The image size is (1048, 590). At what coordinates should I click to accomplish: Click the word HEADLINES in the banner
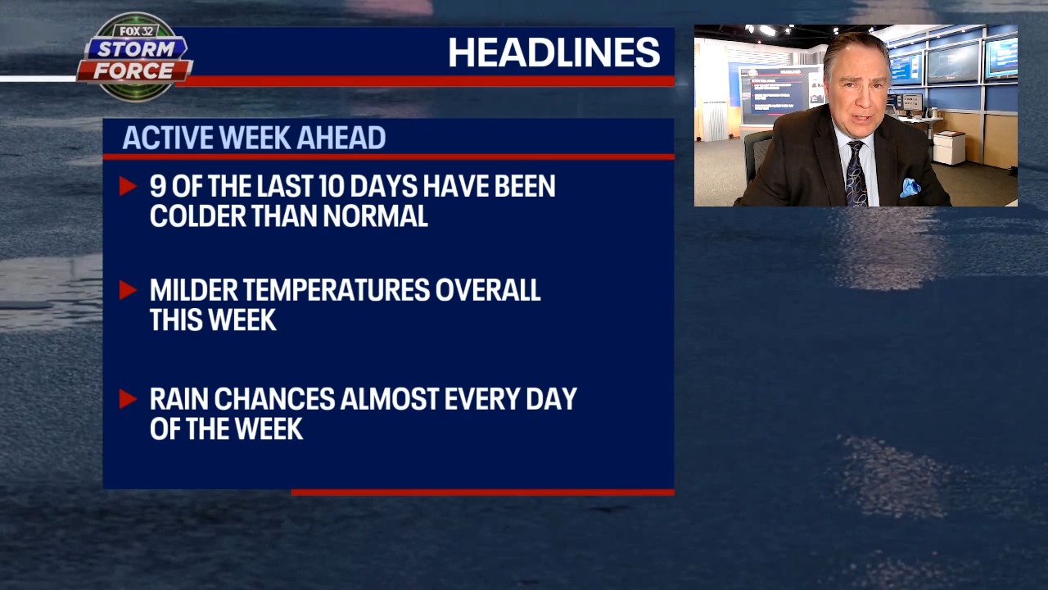[553, 53]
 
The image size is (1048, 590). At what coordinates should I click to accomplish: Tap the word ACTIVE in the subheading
[162, 138]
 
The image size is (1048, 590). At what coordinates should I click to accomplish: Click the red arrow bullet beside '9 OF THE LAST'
[128, 187]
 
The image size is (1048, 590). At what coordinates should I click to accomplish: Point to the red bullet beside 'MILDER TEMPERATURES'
[128, 290]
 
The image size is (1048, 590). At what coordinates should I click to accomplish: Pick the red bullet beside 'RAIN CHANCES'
[128, 399]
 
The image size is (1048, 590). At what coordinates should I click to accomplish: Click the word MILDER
[193, 290]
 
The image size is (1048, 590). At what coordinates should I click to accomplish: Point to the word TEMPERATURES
[337, 290]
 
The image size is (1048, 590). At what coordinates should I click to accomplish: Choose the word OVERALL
[488, 290]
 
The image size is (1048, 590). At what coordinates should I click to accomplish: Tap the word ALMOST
[389, 399]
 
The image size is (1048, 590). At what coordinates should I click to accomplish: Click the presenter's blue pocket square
[910, 188]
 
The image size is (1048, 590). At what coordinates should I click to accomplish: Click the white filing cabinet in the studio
[950, 147]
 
